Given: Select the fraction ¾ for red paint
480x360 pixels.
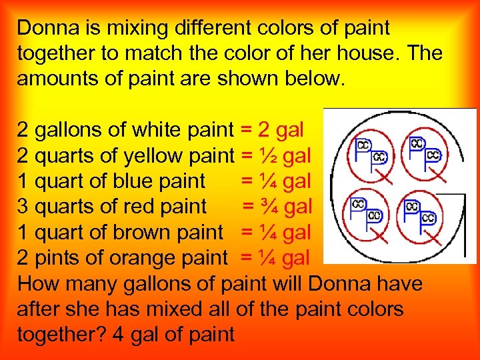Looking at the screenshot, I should coord(269,207).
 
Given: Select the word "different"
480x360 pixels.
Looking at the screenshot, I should coord(205,29).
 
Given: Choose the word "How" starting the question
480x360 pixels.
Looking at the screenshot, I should coord(38,283).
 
